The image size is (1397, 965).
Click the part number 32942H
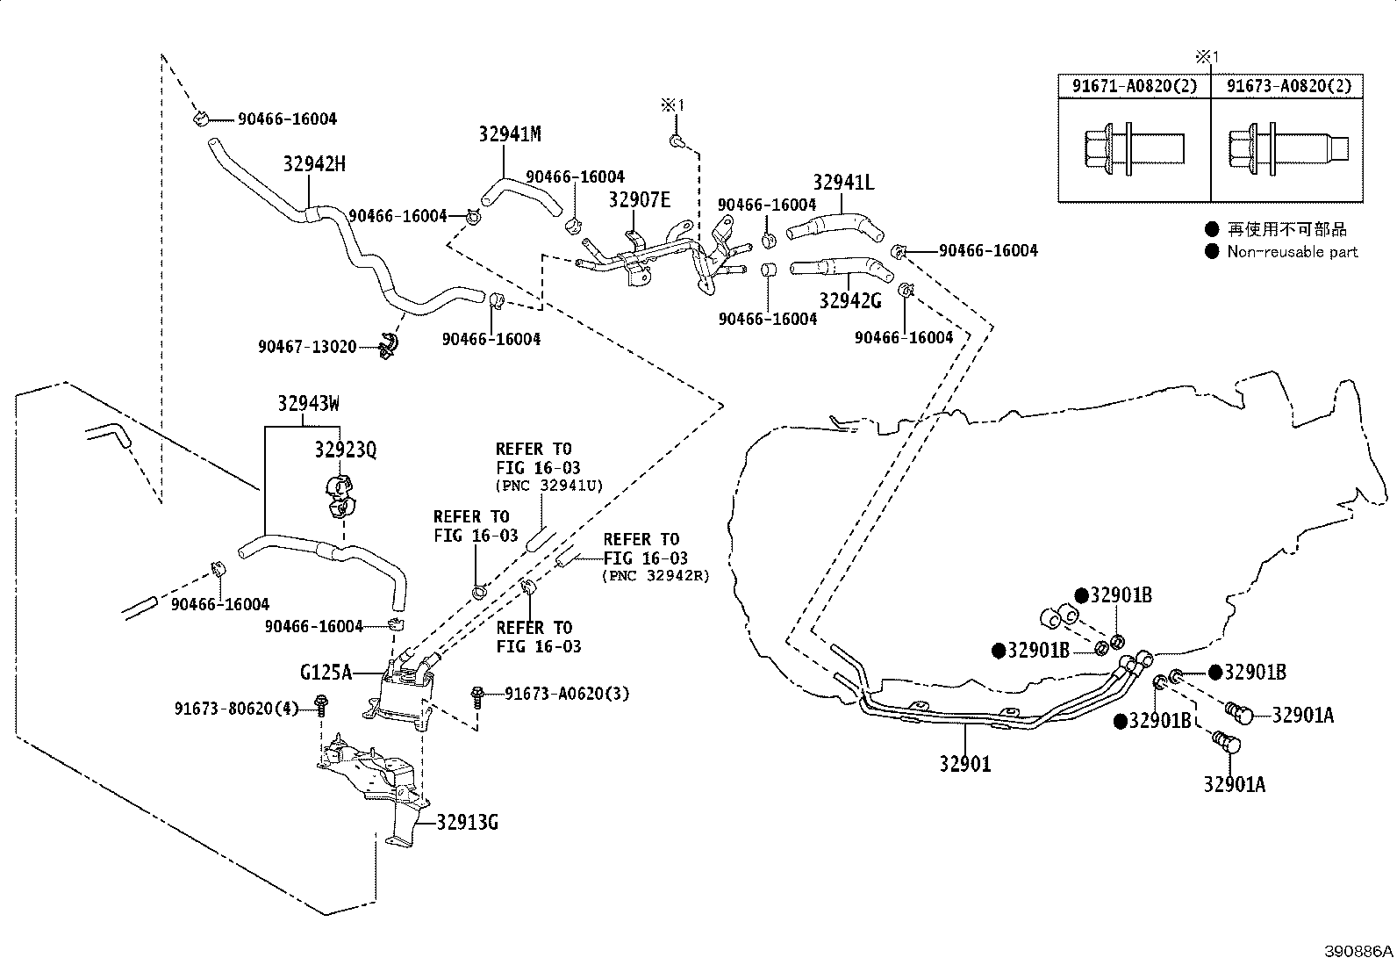click(x=314, y=163)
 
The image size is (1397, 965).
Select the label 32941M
click(x=510, y=133)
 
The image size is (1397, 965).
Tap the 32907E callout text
click(x=639, y=199)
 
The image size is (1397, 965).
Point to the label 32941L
click(x=843, y=183)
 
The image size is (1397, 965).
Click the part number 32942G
click(x=850, y=301)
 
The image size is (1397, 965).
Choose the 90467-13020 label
click(x=307, y=347)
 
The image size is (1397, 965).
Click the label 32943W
click(x=309, y=403)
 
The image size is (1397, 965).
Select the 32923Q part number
click(x=346, y=450)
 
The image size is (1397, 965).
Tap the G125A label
click(x=326, y=673)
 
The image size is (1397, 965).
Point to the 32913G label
click(x=467, y=823)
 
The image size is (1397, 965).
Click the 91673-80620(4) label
click(x=236, y=709)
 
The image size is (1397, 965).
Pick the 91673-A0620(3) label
click(x=567, y=694)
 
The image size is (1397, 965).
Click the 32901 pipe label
click(x=965, y=763)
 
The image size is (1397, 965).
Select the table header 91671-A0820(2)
click(x=1135, y=85)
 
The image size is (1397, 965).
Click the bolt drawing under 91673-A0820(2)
click(x=1288, y=148)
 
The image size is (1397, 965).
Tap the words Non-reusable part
click(x=1293, y=251)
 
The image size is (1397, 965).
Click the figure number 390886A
click(x=1358, y=951)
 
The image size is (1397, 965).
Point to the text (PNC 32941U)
click(x=549, y=486)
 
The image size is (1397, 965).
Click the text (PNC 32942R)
click(x=656, y=575)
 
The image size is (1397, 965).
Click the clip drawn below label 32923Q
click(x=340, y=497)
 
